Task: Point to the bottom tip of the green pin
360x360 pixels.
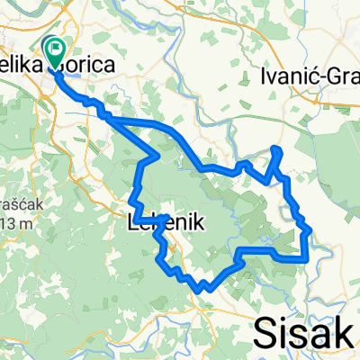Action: pyautogui.click(x=56, y=68)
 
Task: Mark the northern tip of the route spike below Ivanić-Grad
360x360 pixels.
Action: pyautogui.click(x=275, y=148)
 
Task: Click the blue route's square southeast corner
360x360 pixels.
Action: pyautogui.click(x=308, y=259)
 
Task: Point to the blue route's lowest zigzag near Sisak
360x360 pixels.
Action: pyautogui.click(x=203, y=289)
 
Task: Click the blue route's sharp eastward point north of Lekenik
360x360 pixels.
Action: pyautogui.click(x=159, y=157)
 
